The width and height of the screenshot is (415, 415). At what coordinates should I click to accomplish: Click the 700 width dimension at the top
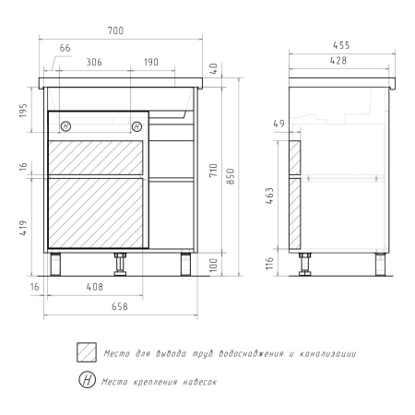pyautogui.click(x=115, y=30)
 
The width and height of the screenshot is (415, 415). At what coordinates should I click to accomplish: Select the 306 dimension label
pyautogui.click(x=94, y=62)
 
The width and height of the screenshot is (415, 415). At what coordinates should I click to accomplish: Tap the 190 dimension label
pyautogui.click(x=151, y=62)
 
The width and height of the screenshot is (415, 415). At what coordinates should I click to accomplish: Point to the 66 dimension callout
pyautogui.click(x=65, y=48)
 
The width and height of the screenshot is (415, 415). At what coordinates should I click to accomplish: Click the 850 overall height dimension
pyautogui.click(x=231, y=176)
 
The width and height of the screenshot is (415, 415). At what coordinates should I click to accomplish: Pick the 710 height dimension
pyautogui.click(x=213, y=171)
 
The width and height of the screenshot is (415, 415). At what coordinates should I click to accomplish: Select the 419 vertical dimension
pyautogui.click(x=23, y=228)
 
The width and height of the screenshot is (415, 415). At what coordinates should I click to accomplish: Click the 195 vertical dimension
pyautogui.click(x=23, y=110)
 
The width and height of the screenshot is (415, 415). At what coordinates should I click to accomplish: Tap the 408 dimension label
pyautogui.click(x=95, y=287)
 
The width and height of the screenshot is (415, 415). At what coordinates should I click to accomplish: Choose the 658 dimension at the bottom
pyautogui.click(x=119, y=306)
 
